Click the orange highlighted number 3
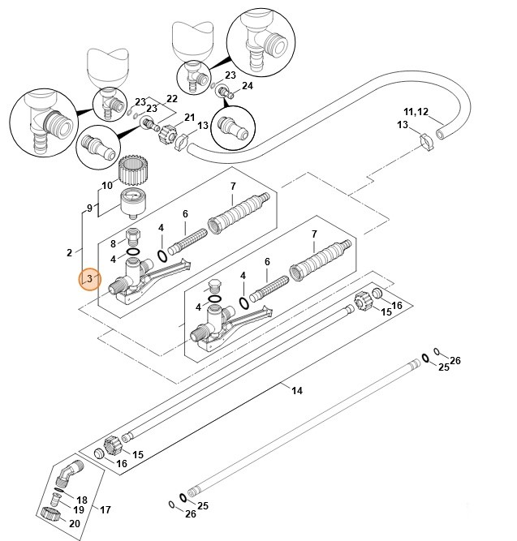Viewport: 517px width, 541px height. [89, 280]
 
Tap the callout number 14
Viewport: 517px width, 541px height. [297, 391]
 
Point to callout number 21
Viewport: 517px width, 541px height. [190, 118]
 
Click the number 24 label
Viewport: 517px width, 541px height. [247, 86]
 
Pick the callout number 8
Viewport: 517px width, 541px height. [114, 243]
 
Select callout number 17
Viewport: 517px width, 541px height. [106, 509]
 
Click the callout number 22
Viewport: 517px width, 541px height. [171, 99]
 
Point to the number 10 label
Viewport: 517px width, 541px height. [106, 186]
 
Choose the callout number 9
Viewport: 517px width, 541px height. [90, 208]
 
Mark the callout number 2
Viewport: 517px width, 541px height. [70, 252]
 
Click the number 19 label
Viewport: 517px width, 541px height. [79, 510]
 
